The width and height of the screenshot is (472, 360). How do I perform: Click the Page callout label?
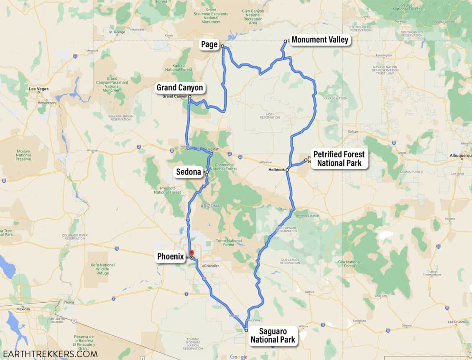tap(209, 45)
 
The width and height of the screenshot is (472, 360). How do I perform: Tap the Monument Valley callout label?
tap(320, 40)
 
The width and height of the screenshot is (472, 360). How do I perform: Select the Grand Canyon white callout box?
tap(180, 87)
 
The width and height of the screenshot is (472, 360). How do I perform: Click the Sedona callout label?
tap(189, 172)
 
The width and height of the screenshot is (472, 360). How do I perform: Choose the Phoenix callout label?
tap(171, 257)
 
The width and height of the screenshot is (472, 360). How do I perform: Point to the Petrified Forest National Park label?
tap(339, 158)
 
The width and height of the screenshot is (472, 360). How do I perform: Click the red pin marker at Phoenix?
tap(191, 253)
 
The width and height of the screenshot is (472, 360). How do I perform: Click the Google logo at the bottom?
tap(238, 357)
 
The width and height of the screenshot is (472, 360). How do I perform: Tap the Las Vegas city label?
tap(38, 89)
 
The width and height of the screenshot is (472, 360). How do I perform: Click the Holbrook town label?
tap(277, 170)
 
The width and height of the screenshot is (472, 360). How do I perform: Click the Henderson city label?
tap(46, 102)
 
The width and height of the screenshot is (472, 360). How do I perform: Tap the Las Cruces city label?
tap(456, 322)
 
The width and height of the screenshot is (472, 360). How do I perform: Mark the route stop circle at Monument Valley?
tap(286, 41)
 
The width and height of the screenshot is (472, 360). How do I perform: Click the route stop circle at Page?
tap(222, 46)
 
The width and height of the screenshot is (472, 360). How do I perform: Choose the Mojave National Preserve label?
tap(23, 155)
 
